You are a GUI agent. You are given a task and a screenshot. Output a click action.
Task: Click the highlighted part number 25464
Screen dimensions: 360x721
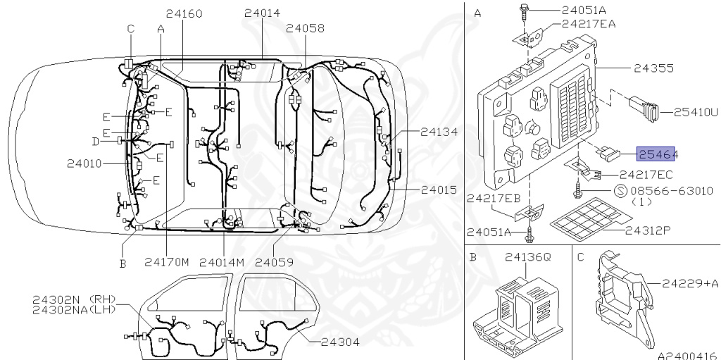658,153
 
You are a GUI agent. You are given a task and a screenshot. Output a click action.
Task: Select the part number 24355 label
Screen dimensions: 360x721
653,69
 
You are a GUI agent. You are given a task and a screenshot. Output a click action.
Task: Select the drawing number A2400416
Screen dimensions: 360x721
687,355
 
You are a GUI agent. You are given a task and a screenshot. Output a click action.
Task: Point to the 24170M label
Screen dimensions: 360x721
168,262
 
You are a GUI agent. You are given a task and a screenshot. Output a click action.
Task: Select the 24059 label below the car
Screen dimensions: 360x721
274,262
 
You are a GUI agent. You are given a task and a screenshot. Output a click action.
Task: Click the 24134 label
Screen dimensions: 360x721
439,131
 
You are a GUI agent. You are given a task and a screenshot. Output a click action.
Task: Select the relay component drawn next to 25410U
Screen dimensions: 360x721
645,109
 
